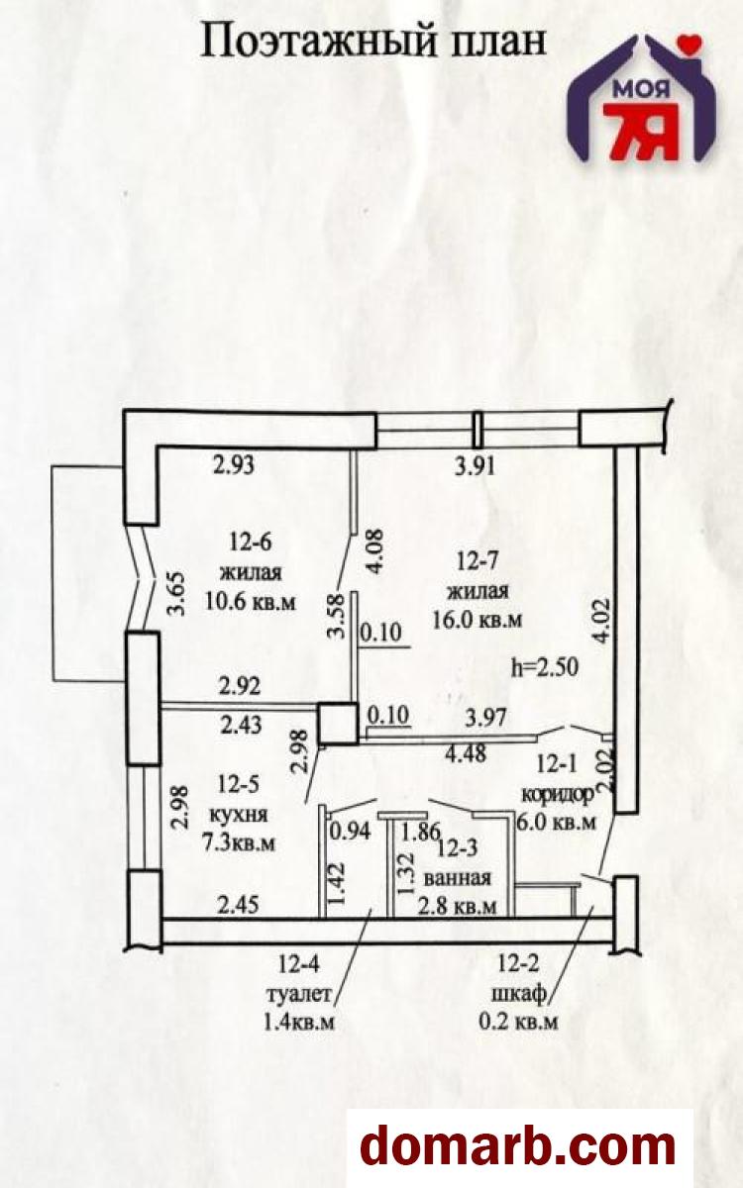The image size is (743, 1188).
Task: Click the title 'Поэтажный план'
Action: (x=373, y=43)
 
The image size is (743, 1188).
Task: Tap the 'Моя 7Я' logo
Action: (x=642, y=98)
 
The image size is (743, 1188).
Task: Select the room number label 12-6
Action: (x=251, y=543)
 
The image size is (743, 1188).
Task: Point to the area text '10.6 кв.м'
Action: (x=250, y=602)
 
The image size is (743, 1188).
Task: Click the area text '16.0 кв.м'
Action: (x=478, y=619)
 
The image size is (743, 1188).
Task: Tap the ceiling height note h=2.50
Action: (x=545, y=666)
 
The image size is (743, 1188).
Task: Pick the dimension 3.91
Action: (x=475, y=466)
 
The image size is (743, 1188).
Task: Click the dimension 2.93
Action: (x=234, y=464)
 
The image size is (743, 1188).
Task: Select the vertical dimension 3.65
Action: (x=176, y=593)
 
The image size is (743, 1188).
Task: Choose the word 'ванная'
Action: (x=457, y=878)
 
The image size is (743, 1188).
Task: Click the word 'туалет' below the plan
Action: (x=299, y=993)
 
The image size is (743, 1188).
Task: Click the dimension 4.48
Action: (x=466, y=753)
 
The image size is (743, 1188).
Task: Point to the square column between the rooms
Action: (x=338, y=723)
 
